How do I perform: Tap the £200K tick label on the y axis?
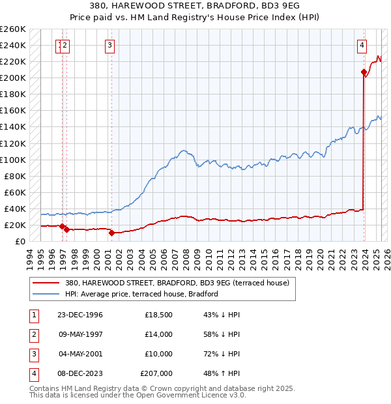click(x=13, y=78)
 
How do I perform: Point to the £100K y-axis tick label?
click(x=13, y=160)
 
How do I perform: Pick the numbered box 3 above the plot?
click(x=109, y=45)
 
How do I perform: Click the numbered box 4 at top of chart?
click(x=362, y=45)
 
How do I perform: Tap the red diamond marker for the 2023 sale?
click(x=364, y=72)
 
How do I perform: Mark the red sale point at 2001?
click(x=111, y=233)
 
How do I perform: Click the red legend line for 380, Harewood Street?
click(x=46, y=283)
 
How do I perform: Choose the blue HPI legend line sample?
click(x=46, y=294)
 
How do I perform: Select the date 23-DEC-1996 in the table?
click(x=81, y=315)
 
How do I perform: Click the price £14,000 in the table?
click(x=158, y=334)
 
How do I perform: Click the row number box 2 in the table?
click(x=33, y=334)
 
